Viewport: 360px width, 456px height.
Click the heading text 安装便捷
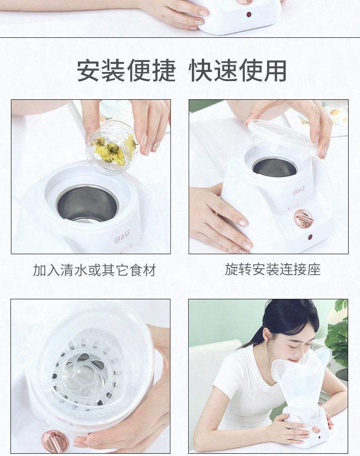(126, 70)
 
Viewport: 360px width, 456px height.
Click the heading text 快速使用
(237, 70)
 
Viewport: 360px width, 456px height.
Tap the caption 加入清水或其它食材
(94, 270)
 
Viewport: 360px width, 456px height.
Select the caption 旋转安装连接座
(273, 269)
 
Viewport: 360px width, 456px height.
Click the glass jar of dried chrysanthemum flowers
(113, 149)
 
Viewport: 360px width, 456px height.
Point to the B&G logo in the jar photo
(122, 236)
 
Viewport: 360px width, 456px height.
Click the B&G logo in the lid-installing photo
(299, 190)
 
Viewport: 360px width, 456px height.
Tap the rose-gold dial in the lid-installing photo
(303, 219)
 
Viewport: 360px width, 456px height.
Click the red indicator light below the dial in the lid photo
(310, 237)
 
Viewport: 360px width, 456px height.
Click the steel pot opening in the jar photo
(87, 203)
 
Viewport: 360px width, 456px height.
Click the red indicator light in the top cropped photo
(249, 14)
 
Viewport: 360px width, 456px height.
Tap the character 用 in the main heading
(275, 70)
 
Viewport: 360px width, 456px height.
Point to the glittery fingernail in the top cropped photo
(199, 22)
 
